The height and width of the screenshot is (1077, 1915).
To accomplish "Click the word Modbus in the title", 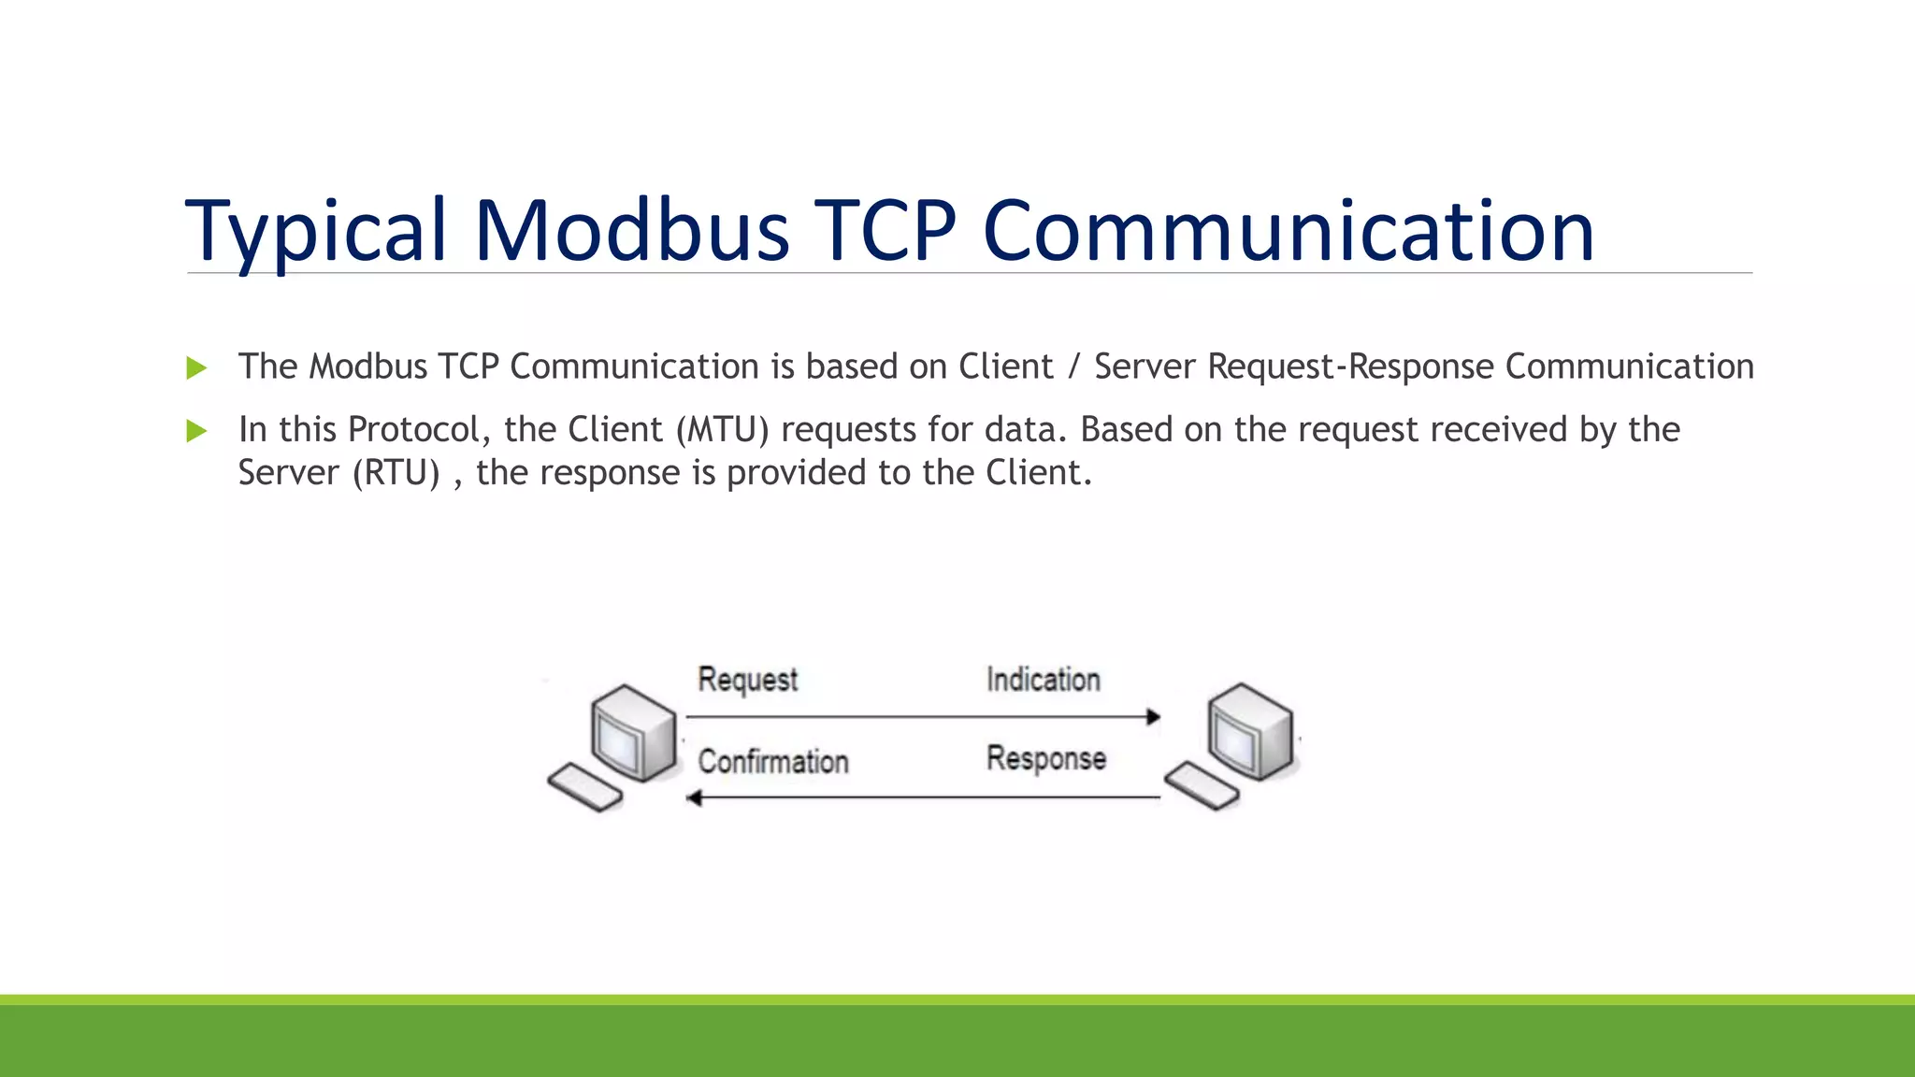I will [632, 230].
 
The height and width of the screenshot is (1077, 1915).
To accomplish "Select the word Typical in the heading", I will [316, 230].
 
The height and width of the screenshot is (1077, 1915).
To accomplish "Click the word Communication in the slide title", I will [1289, 230].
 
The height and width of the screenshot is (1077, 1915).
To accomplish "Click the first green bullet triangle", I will [196, 367].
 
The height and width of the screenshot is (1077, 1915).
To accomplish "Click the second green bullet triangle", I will [196, 431].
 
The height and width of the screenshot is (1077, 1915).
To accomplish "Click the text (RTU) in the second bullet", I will [396, 473].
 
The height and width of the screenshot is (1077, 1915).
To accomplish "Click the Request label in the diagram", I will [747, 680].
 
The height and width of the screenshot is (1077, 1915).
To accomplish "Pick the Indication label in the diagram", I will [1043, 680].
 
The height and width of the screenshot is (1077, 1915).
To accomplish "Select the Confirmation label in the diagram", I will [773, 761].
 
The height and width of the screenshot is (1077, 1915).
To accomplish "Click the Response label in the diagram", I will [1045, 758].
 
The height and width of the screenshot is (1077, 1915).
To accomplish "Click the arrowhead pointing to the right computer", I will [1154, 717].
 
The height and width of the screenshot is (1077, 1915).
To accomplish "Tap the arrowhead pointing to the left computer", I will [694, 797].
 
